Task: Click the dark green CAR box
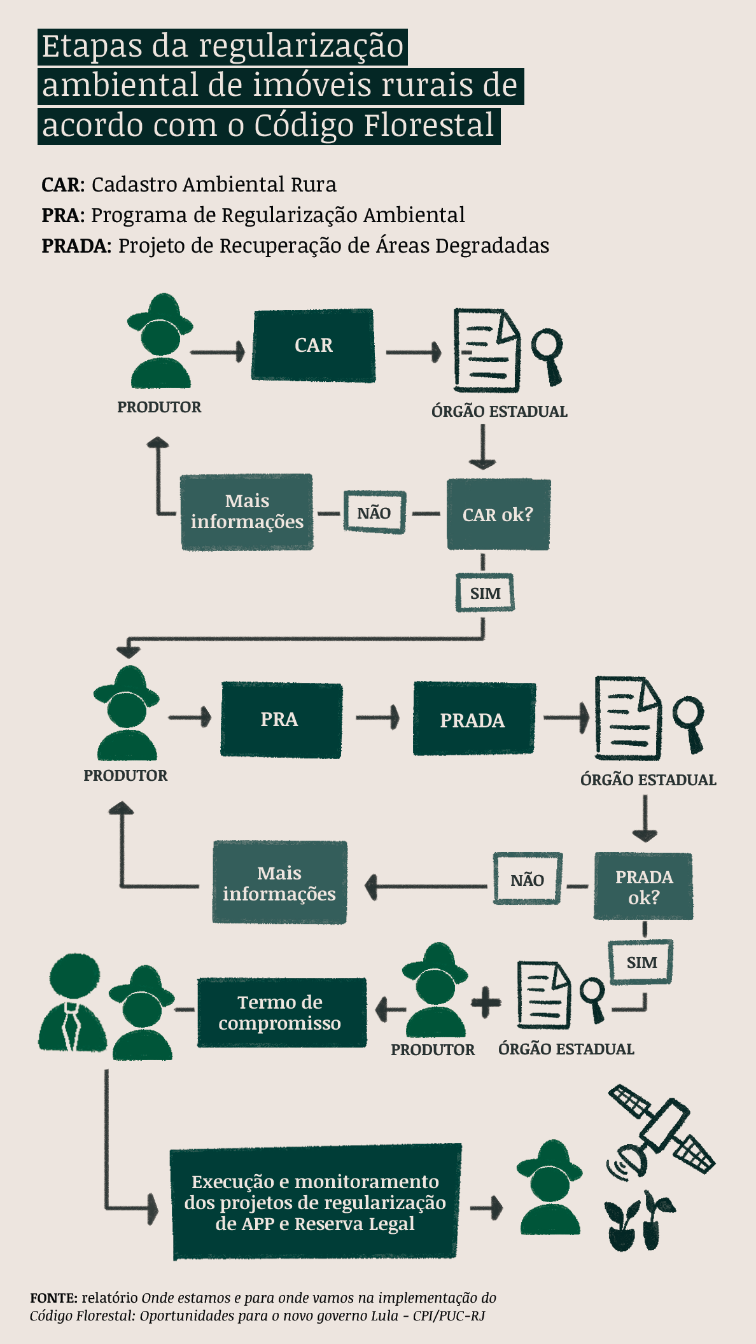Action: tap(313, 346)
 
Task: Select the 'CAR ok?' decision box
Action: tap(498, 514)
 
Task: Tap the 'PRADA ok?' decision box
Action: tap(643, 886)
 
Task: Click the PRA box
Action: tap(281, 720)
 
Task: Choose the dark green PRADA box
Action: tap(473, 720)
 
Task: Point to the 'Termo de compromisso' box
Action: tap(281, 1012)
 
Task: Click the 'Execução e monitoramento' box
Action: tap(316, 1202)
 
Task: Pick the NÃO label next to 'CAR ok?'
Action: tap(374, 512)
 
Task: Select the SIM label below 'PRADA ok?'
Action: tap(641, 962)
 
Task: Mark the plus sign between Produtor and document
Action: tap(486, 1002)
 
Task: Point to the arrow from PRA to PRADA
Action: tap(377, 718)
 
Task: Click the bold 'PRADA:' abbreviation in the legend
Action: tap(76, 246)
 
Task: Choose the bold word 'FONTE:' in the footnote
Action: tap(53, 1298)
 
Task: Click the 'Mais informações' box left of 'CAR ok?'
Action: tap(247, 512)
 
